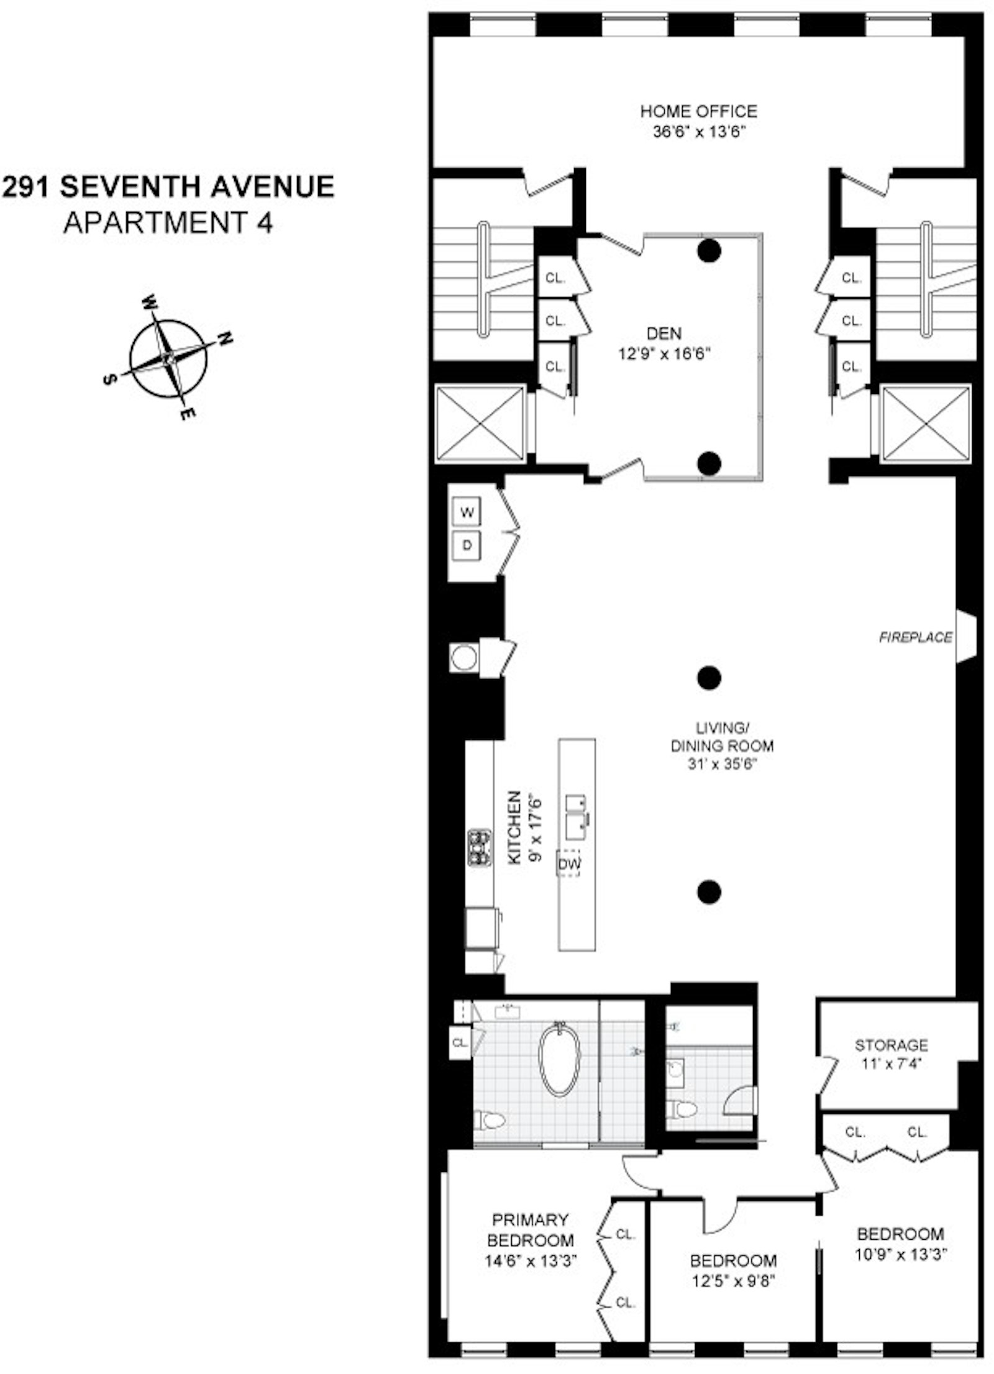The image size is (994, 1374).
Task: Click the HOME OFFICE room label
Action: coord(698,112)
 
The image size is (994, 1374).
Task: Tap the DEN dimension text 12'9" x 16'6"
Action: coord(663,354)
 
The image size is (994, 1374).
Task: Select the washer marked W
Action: coord(467,512)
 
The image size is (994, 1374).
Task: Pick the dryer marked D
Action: coord(467,545)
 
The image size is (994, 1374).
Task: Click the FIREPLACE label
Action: coord(915,637)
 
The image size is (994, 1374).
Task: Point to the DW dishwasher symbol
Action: coord(568,863)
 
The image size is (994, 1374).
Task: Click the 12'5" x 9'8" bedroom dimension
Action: coord(733,1281)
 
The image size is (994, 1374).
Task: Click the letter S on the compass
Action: coord(109,380)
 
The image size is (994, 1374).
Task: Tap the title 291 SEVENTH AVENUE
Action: coord(168,187)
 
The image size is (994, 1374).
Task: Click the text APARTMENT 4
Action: coord(168,223)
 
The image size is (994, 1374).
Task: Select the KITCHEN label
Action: coord(514,827)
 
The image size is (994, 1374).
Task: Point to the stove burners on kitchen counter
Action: coord(478,847)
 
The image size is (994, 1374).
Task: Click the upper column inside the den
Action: coord(709,251)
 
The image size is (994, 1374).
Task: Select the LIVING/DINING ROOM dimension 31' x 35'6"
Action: coord(722,764)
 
